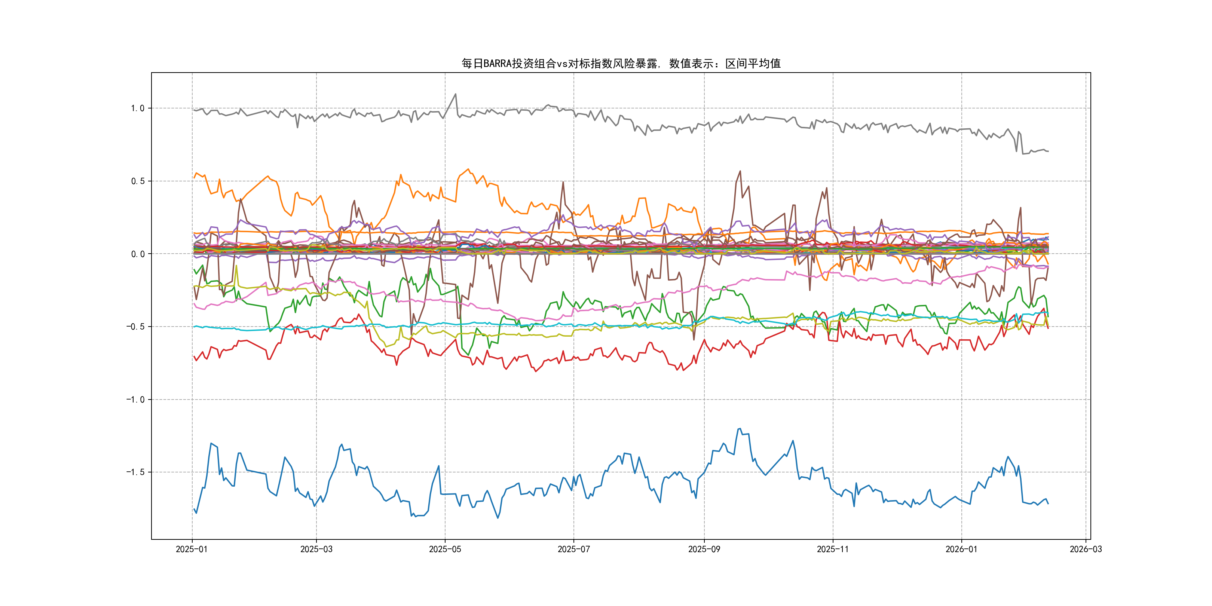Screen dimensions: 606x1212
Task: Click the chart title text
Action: point(621,64)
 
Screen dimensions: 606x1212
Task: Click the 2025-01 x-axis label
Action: point(192,549)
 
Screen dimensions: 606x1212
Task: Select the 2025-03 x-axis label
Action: point(316,549)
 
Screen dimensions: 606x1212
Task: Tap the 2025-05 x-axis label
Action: point(445,549)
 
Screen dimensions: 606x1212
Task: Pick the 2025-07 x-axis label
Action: point(573,549)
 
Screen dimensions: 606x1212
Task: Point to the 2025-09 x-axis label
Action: point(704,549)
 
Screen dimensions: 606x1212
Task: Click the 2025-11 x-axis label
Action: point(833,549)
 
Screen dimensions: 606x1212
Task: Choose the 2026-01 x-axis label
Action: point(961,549)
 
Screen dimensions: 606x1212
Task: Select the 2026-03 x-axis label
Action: point(1086,549)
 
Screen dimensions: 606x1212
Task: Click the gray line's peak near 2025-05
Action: point(455,94)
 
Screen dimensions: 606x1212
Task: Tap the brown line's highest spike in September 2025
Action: point(740,171)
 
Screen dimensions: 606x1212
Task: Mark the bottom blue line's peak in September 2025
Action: point(740,429)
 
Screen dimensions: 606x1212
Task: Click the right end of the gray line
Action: point(1048,151)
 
